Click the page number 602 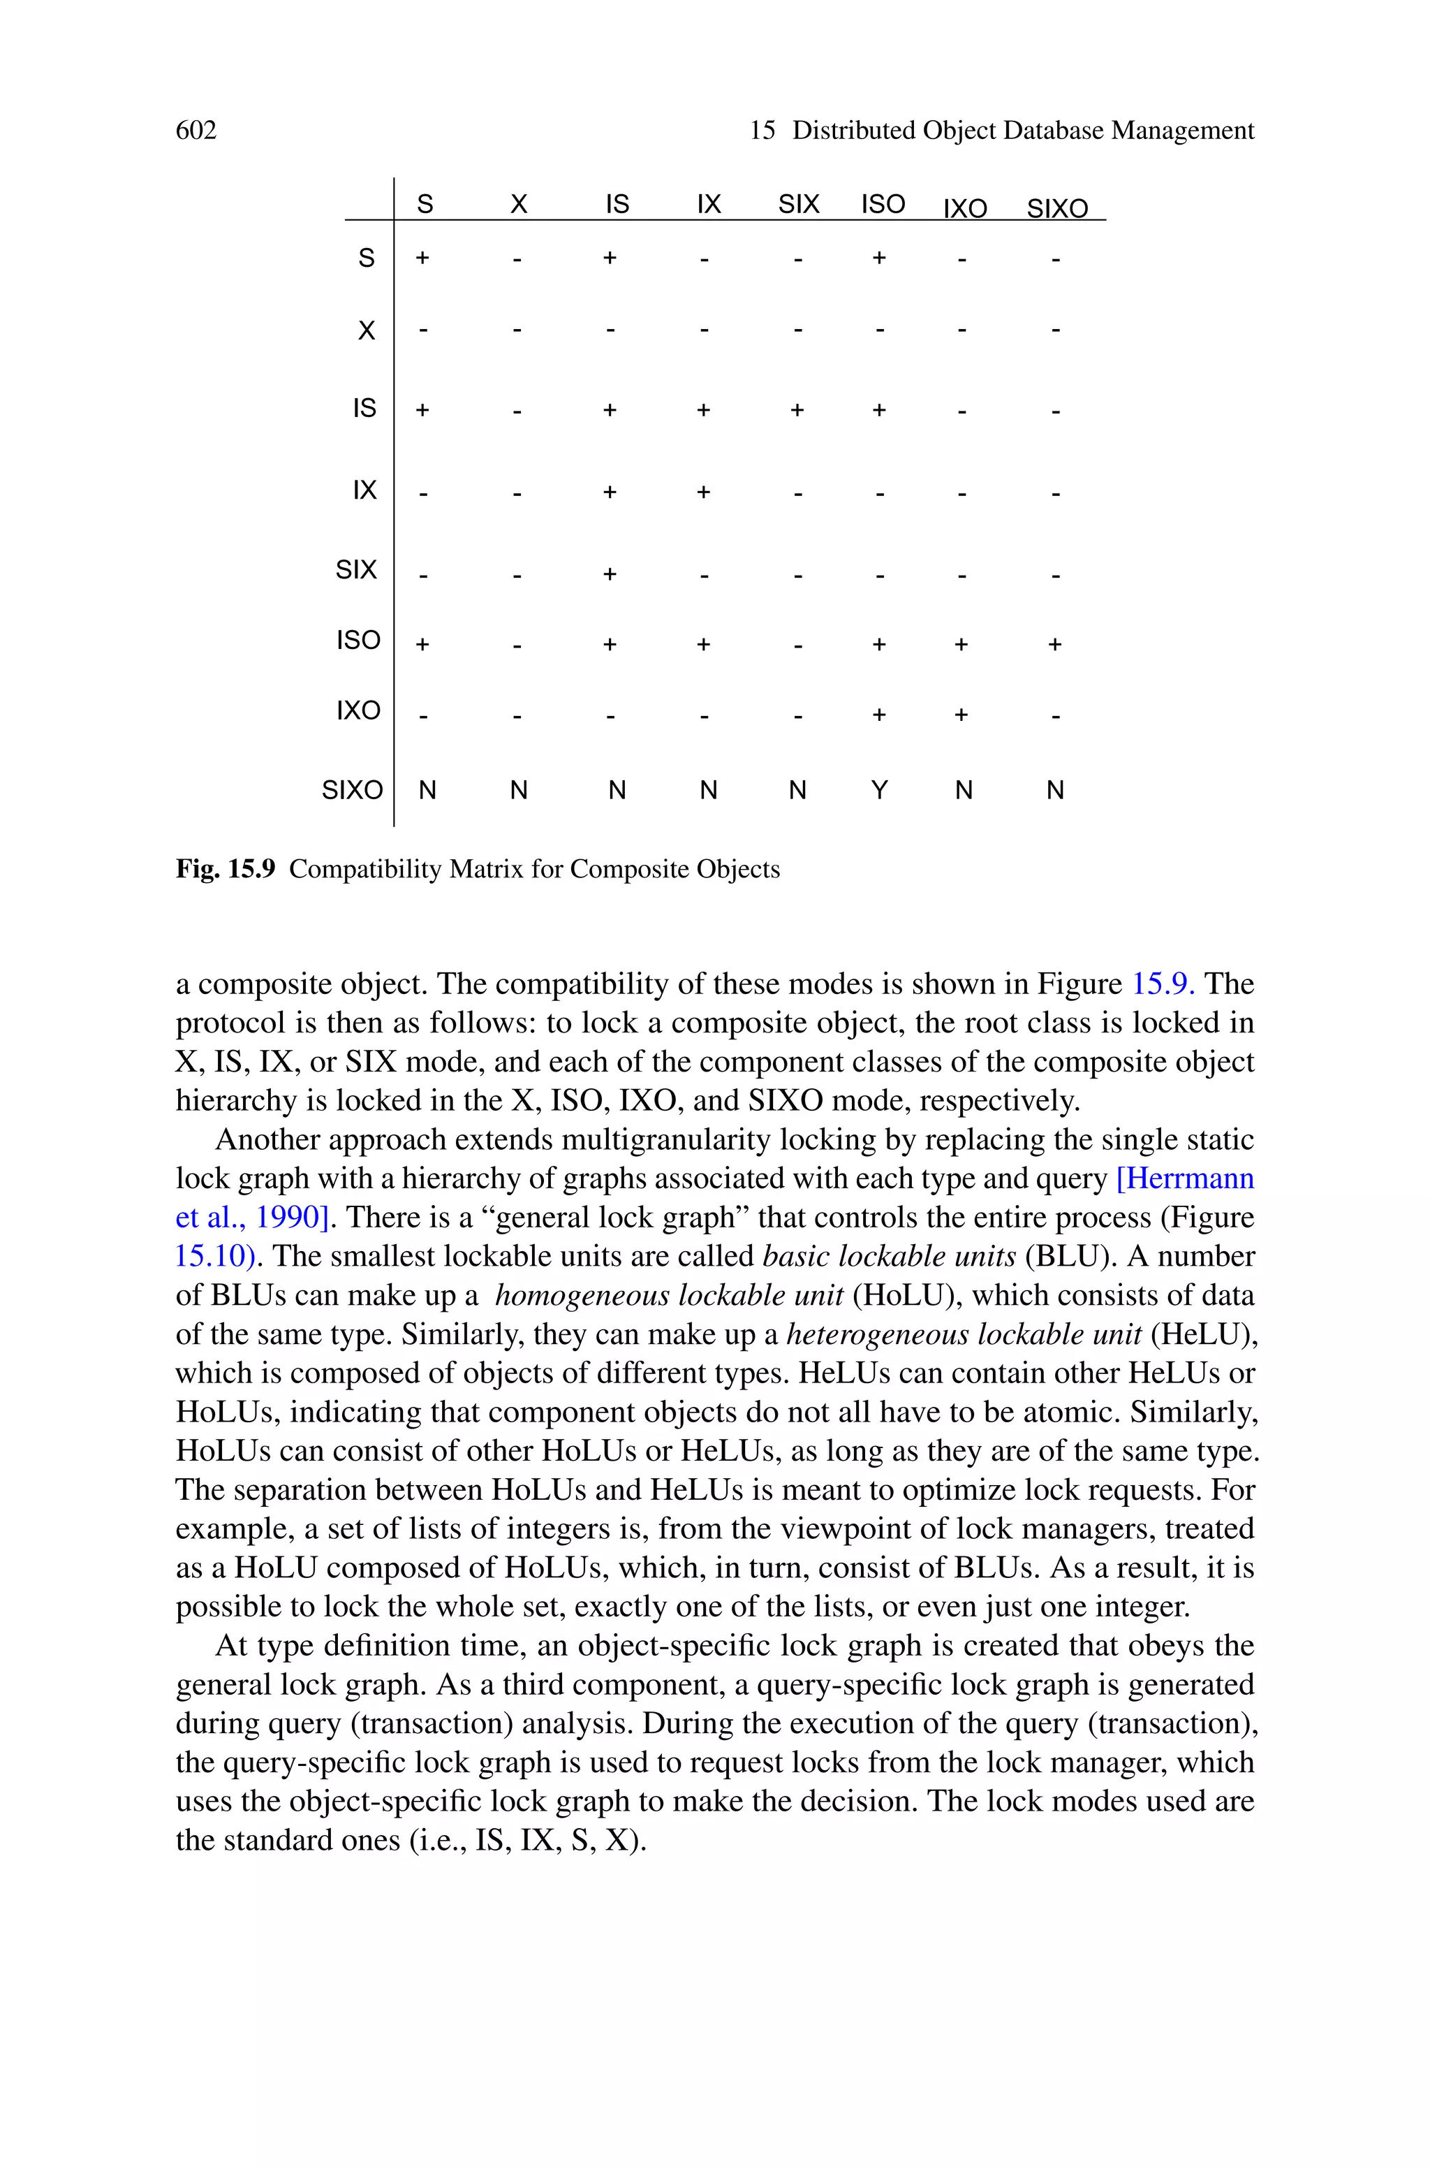click(196, 131)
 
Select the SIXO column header click(1057, 209)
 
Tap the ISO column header click(883, 204)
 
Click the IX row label click(364, 490)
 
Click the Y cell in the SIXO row click(879, 790)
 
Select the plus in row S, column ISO click(879, 258)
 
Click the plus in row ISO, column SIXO click(1055, 645)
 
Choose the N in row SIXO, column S click(427, 790)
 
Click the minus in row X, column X click(517, 330)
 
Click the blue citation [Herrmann click(1185, 1179)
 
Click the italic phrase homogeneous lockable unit click(668, 1296)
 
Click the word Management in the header click(1182, 131)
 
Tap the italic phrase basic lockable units click(889, 1257)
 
